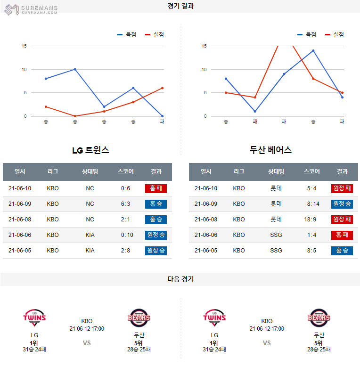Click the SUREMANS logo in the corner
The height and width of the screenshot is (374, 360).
tap(31, 9)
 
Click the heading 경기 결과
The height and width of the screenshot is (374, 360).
tap(180, 6)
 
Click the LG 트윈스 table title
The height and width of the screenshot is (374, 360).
tap(90, 150)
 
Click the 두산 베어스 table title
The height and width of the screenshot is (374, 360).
tap(270, 150)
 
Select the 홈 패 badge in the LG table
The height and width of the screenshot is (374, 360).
tap(156, 188)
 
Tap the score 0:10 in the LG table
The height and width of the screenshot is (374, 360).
tap(125, 235)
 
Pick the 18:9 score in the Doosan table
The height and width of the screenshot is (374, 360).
tap(311, 219)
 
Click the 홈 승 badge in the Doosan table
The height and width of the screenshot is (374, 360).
tap(342, 250)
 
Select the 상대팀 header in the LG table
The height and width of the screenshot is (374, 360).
tap(90, 172)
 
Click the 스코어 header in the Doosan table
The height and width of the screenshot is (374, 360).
tap(311, 172)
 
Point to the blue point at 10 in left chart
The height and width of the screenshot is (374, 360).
tap(75, 69)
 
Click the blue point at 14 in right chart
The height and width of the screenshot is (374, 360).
tap(313, 50)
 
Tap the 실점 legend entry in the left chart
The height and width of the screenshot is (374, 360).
tap(155, 34)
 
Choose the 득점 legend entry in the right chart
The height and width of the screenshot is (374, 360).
tap(307, 34)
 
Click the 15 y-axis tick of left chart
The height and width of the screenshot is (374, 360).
tap(24, 46)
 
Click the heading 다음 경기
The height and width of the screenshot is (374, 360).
tap(180, 279)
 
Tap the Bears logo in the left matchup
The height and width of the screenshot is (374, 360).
tap(139, 318)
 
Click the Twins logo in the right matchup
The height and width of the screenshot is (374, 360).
tap(214, 318)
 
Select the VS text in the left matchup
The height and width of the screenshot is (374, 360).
tap(87, 343)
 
